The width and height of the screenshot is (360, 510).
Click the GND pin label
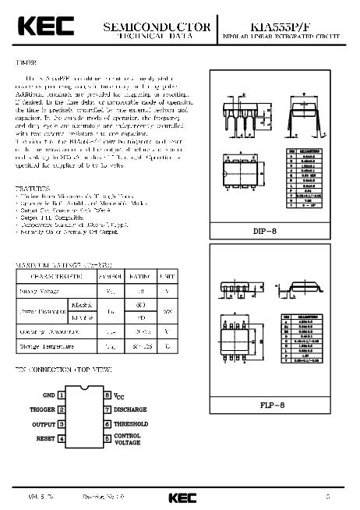pyautogui.click(x=48, y=396)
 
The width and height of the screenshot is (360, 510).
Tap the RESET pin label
pyautogui.click(x=45, y=438)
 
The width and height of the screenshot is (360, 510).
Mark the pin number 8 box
pyautogui.click(x=108, y=396)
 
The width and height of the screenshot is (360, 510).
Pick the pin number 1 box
pyautogui.click(x=62, y=396)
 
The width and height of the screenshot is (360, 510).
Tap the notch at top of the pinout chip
pyautogui.click(x=84, y=391)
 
